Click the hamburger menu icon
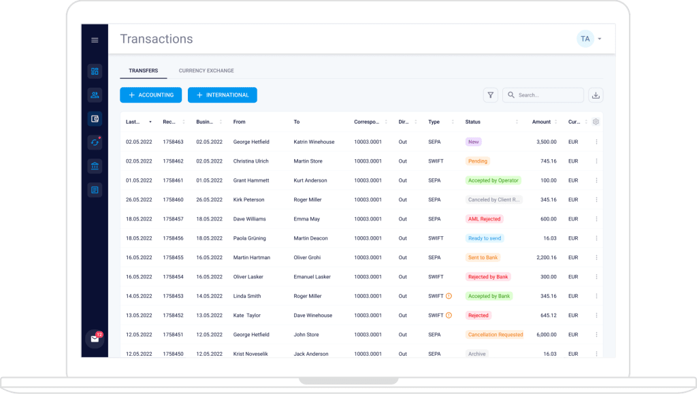95,40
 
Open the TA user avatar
585,39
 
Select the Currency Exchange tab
206,71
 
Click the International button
222,95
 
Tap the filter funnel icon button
490,95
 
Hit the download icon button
596,95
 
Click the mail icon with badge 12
95,339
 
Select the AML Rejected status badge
485,219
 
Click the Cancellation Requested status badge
496,335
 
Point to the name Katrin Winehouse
314,142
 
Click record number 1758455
173,258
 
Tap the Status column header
473,122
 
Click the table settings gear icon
596,122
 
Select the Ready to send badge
485,238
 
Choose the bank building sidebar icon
95,166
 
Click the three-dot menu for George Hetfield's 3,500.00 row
596,142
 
